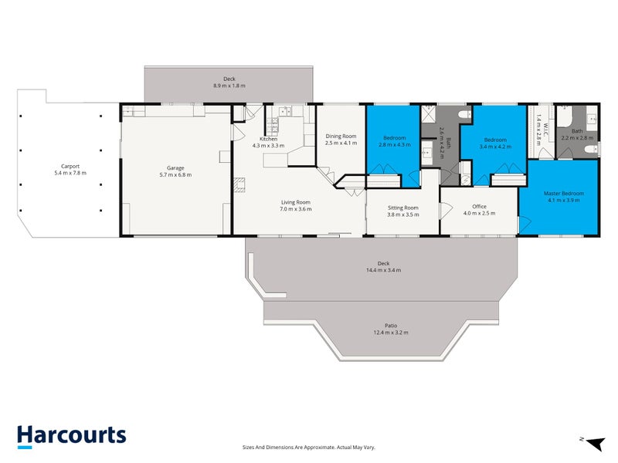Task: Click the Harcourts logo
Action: click(x=72, y=436)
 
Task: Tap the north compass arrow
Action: click(x=596, y=443)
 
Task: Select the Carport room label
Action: click(x=70, y=167)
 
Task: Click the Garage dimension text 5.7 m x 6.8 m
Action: click(x=175, y=175)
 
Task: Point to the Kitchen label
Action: click(x=268, y=139)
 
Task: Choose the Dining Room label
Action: click(x=341, y=137)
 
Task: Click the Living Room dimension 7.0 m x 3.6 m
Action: click(x=296, y=209)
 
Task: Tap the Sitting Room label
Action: click(x=402, y=208)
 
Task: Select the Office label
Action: click(x=479, y=206)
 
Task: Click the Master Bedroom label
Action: click(x=564, y=194)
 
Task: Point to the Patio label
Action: click(x=391, y=326)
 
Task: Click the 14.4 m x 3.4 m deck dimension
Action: click(x=383, y=270)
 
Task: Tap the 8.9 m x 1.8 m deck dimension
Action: click(x=229, y=86)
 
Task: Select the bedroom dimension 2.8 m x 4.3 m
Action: click(x=395, y=144)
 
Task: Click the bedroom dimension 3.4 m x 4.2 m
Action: click(x=495, y=147)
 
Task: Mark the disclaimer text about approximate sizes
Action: click(x=308, y=448)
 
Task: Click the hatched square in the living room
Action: click(x=239, y=184)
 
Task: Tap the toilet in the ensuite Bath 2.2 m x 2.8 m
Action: click(x=592, y=149)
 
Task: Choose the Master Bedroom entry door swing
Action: click(x=525, y=225)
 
